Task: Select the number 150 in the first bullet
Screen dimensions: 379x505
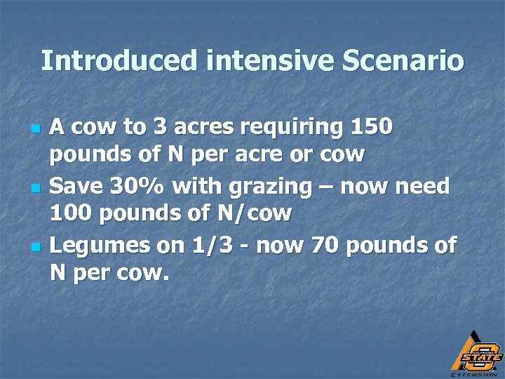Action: coord(370,128)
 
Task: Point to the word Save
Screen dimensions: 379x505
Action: coord(78,187)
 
